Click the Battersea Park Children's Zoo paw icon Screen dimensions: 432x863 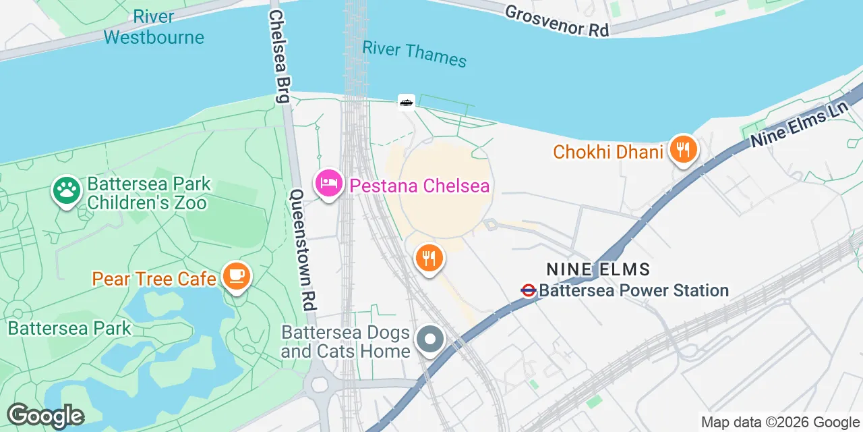click(66, 191)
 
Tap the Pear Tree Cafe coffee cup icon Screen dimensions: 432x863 click(235, 276)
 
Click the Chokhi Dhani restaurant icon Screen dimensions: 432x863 click(684, 151)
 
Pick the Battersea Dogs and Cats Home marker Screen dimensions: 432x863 click(429, 340)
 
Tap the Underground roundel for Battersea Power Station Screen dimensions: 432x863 click(529, 290)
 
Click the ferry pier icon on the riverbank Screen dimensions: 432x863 click(406, 102)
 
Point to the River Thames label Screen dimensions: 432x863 click(414, 53)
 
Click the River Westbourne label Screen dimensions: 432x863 click(154, 27)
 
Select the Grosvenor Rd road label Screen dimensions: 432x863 click(557, 21)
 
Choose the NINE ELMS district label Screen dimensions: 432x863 click(598, 269)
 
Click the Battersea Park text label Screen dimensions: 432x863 click(69, 329)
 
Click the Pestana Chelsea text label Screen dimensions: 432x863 click(419, 186)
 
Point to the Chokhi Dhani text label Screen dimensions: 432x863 click(608, 152)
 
